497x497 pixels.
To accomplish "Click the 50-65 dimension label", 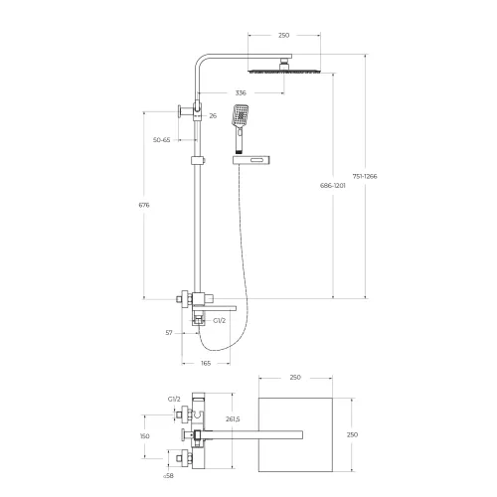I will (160, 141).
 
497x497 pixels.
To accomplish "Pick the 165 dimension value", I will (206, 364).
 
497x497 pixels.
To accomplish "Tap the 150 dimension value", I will (145, 435).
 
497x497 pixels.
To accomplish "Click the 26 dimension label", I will (213, 116).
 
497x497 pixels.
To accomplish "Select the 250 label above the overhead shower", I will (283, 35).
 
